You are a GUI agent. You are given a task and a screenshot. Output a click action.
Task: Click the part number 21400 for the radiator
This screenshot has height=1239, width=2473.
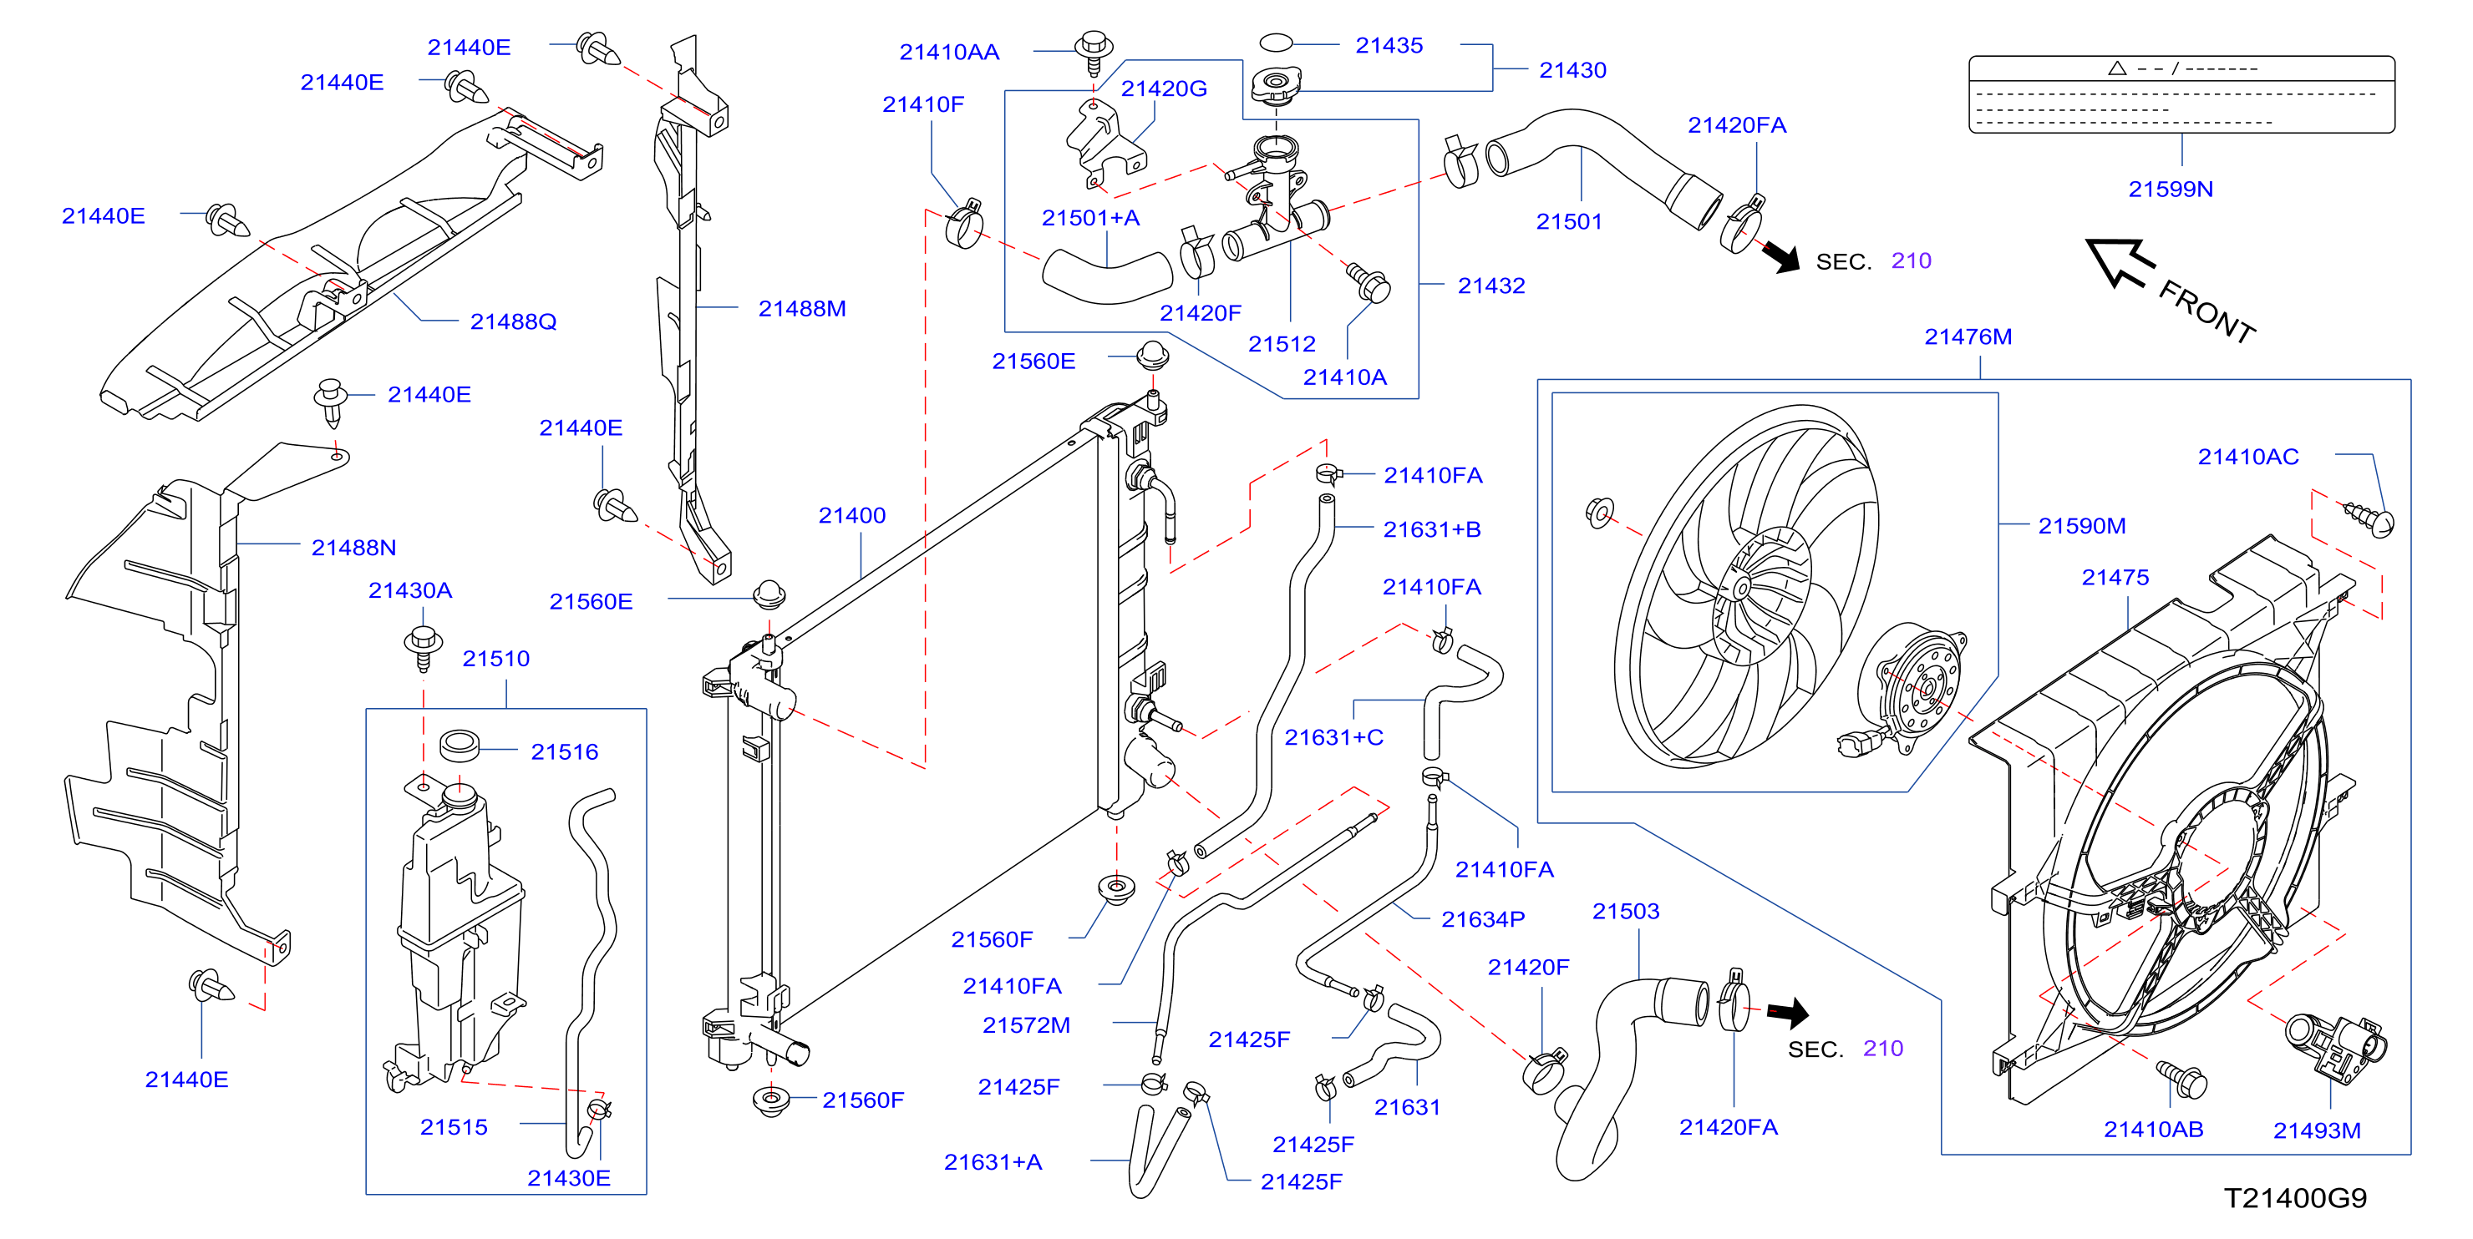851,515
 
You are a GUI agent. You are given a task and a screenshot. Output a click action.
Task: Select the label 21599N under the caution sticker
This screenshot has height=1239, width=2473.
2171,189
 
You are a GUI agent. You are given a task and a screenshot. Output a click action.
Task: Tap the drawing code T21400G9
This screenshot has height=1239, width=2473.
2295,1198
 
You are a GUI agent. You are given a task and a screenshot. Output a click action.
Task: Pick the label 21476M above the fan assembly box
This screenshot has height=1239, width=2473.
1968,336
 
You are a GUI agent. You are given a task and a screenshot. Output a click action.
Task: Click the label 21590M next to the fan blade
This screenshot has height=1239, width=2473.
2081,526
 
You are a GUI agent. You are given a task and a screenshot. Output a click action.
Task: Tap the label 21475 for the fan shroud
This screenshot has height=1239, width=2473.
2115,577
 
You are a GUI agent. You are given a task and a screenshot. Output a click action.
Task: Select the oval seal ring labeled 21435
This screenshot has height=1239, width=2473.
1276,43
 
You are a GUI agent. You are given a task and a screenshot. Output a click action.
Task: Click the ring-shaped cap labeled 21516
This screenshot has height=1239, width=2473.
459,745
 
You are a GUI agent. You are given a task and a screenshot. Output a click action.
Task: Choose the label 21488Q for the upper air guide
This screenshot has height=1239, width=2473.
513,321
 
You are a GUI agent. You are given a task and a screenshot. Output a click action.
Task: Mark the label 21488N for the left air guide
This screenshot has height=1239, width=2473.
353,547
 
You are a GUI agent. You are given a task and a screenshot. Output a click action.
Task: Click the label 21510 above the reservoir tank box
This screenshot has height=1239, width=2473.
495,659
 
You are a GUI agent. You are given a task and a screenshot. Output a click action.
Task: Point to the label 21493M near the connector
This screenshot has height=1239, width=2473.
2317,1130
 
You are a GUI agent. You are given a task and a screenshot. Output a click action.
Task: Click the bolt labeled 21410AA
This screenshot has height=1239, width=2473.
1094,52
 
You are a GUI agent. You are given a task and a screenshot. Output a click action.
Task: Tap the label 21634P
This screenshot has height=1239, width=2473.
1482,919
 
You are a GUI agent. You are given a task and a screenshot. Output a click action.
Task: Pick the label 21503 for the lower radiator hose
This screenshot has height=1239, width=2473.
1625,911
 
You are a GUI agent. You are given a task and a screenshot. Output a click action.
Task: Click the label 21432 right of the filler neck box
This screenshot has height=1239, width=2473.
1491,285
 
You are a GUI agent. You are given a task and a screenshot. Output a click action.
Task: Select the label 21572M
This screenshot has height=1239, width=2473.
1025,1025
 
